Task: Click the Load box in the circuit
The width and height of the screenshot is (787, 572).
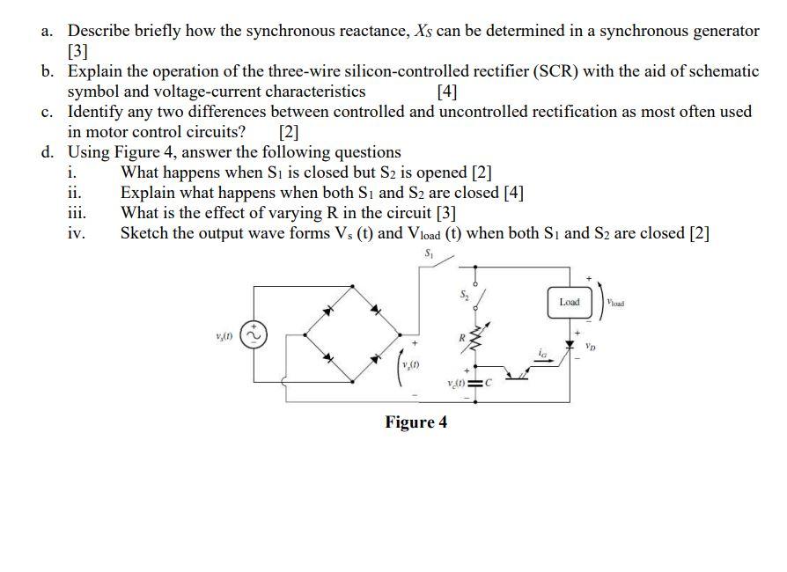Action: (570, 302)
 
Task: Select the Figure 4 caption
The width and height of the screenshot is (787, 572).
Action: (416, 422)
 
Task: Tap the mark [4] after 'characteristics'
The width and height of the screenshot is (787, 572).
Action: (446, 92)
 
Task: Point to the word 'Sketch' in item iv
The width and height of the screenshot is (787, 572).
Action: (145, 233)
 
